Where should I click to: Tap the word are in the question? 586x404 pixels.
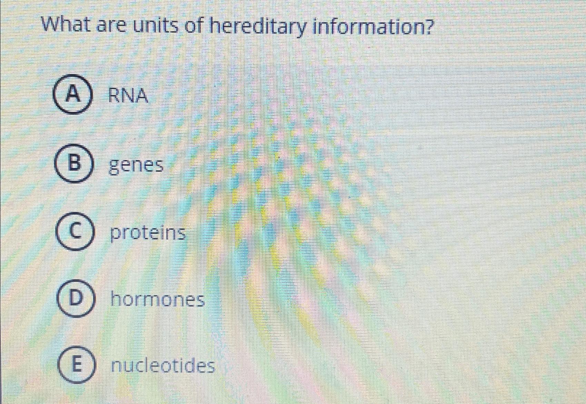(111, 26)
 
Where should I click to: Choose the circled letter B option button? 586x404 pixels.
(73, 163)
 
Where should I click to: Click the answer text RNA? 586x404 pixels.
(128, 95)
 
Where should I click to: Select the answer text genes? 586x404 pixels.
(136, 166)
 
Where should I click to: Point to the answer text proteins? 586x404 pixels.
(148, 233)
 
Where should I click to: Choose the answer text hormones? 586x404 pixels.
(158, 300)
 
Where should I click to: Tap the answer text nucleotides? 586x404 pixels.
(163, 366)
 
